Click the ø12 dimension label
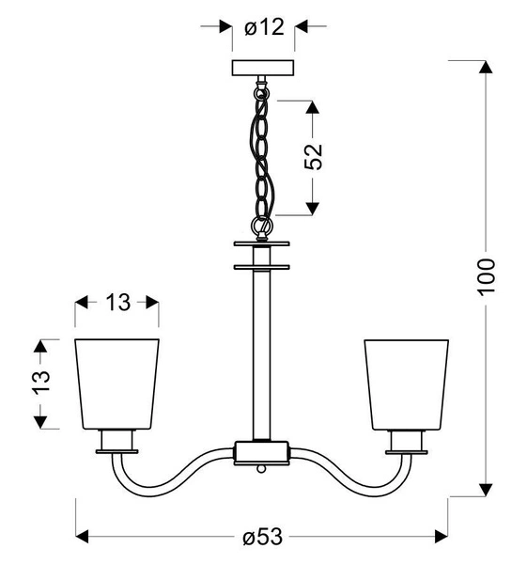[x=263, y=27]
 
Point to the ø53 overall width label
[x=262, y=538]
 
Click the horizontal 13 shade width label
[x=117, y=303]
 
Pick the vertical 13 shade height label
[x=39, y=384]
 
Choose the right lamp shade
[x=407, y=381]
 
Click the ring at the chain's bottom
[x=262, y=227]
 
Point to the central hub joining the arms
[x=262, y=451]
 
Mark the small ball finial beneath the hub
[x=262, y=466]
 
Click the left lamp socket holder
[x=117, y=440]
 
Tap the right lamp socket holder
[x=407, y=440]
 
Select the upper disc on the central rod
[x=262, y=245]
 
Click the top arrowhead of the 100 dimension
[x=485, y=67]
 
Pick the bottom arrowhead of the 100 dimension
[x=485, y=490]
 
